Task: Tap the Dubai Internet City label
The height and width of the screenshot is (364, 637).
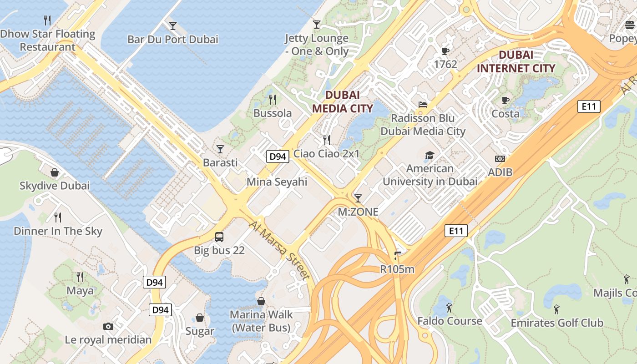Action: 516,61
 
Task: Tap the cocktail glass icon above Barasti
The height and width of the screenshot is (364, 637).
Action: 220,149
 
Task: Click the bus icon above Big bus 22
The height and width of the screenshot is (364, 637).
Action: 219,237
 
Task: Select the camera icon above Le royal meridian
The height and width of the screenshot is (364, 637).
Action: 108,326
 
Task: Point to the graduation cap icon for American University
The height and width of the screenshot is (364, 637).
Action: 430,156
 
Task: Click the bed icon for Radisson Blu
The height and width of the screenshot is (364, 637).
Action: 423,105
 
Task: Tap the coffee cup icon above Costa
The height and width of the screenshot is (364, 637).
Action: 505,100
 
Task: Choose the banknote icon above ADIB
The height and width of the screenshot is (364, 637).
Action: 500,159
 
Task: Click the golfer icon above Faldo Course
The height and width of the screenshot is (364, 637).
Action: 450,308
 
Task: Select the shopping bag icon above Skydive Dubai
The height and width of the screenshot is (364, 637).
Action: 55,172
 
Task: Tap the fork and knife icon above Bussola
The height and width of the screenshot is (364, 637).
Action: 273,99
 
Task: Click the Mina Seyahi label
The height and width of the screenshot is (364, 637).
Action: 277,182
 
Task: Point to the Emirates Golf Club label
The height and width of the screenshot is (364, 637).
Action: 556,323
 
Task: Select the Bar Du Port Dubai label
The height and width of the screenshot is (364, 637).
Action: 172,39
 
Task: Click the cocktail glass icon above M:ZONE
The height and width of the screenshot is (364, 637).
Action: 358,198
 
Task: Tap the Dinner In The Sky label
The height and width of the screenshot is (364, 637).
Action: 58,231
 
